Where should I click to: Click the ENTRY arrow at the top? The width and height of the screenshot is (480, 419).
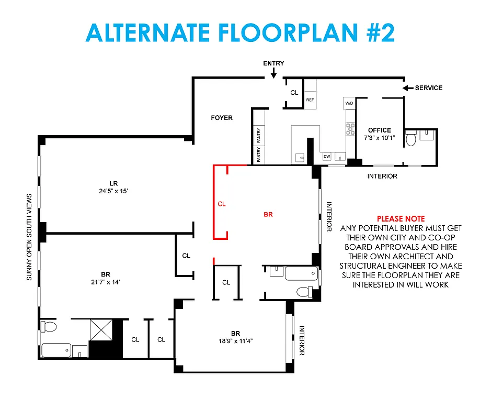273,74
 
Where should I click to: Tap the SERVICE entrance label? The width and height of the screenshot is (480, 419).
428,87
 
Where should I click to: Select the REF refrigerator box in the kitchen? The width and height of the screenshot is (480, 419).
310,100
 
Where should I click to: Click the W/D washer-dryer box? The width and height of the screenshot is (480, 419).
349,103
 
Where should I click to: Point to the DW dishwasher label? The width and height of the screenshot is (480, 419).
327,156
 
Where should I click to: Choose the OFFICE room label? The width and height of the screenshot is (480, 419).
380,130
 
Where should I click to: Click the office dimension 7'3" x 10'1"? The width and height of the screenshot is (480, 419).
380,138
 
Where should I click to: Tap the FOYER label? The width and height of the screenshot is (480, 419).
222,118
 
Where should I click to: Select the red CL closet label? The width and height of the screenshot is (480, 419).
222,204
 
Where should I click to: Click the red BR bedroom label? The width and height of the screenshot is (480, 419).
268,214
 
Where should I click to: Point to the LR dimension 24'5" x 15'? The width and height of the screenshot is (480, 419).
113,191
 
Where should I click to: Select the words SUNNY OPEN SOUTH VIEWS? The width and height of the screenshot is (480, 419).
29,237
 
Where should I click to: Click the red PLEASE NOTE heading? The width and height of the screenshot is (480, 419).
401,218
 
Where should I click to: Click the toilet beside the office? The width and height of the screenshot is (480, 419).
411,139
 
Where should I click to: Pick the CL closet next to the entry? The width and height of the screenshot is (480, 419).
294,92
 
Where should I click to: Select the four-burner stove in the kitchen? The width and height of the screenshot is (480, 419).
350,129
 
